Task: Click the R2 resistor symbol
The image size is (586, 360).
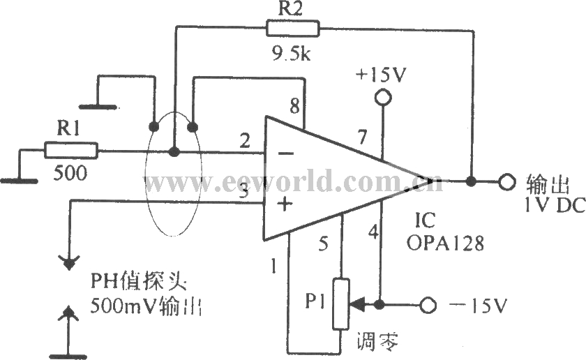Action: click(x=292, y=29)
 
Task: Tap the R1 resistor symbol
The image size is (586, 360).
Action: click(x=70, y=149)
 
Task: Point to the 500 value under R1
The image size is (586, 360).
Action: click(x=70, y=173)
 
